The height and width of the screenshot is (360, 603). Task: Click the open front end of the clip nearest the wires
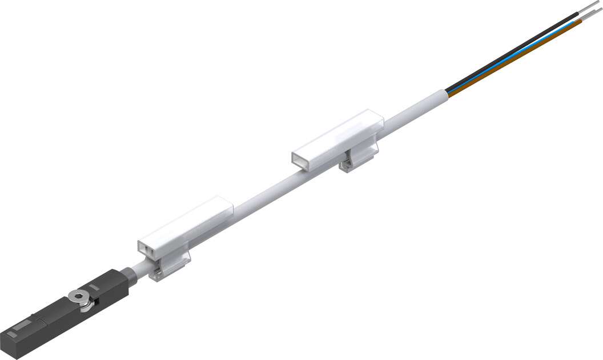[303, 159]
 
